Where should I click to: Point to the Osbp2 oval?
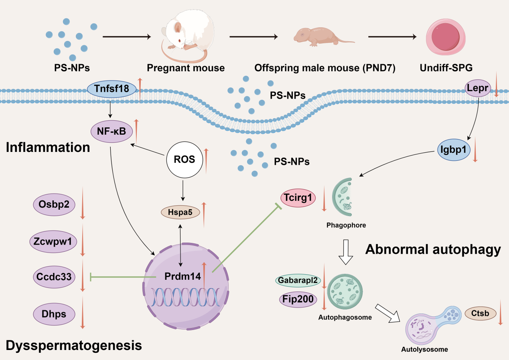tap(55, 204)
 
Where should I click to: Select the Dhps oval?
tap(55, 314)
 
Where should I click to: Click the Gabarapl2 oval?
tap(298, 281)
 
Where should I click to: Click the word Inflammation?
tap(48, 147)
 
